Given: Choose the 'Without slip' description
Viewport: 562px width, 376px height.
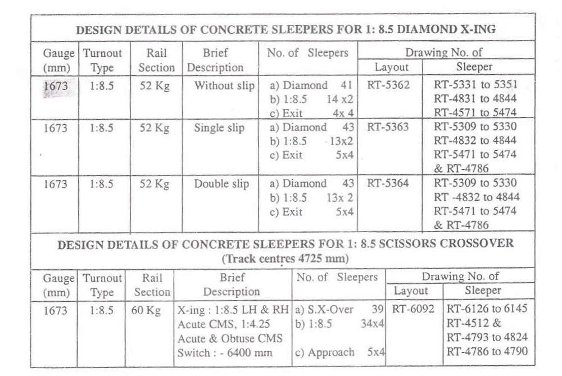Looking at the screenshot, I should (224, 86).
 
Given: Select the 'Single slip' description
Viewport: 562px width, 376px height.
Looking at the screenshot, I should (219, 128).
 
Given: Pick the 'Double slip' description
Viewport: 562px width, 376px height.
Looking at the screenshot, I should (221, 183).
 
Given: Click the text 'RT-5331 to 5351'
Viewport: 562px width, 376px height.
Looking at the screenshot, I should (475, 85).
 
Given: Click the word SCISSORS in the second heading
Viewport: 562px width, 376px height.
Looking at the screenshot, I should (392, 244).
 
